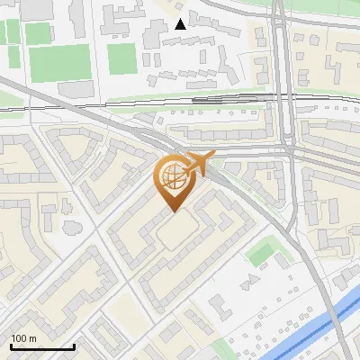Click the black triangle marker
[181, 23]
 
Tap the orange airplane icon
[199, 163]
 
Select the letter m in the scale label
[33, 338]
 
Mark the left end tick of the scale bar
[10, 346]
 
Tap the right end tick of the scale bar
[74, 346]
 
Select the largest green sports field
[59, 64]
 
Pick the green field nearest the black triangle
[121, 59]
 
